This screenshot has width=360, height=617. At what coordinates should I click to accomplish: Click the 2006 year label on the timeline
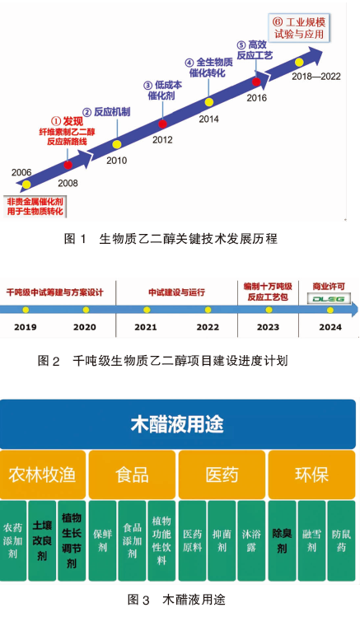click(x=21, y=172)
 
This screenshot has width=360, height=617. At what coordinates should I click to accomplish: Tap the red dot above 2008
click(x=68, y=165)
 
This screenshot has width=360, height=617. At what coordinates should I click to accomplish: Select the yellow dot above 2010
click(x=116, y=144)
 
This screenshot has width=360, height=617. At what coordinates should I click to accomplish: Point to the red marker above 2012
click(x=162, y=124)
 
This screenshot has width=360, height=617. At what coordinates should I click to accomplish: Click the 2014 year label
click(x=208, y=119)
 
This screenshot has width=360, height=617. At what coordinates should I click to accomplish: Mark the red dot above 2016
click(x=256, y=82)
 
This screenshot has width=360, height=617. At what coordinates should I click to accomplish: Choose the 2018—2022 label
click(x=316, y=77)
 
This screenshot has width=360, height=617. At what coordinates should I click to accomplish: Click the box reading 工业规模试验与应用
click(x=299, y=27)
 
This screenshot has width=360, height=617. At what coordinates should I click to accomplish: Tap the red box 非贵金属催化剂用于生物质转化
click(x=35, y=207)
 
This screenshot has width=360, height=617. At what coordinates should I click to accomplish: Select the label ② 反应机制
click(x=106, y=112)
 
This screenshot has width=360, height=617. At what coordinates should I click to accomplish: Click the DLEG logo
click(x=329, y=299)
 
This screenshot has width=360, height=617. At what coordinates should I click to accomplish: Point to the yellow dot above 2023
click(x=269, y=310)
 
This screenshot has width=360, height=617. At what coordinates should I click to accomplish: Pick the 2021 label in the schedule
click(x=146, y=327)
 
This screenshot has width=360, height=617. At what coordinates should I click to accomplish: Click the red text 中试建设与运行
click(x=176, y=292)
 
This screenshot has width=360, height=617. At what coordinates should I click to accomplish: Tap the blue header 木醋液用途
click(x=178, y=424)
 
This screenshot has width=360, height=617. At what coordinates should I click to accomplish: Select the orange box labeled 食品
click(x=132, y=475)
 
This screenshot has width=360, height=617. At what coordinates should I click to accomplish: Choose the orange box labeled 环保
click(x=311, y=475)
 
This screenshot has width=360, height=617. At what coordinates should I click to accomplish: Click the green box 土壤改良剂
click(x=42, y=540)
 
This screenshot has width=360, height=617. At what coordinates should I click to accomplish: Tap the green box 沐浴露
click(x=251, y=540)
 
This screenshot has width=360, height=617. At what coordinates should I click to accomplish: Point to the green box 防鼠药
click(x=342, y=540)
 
